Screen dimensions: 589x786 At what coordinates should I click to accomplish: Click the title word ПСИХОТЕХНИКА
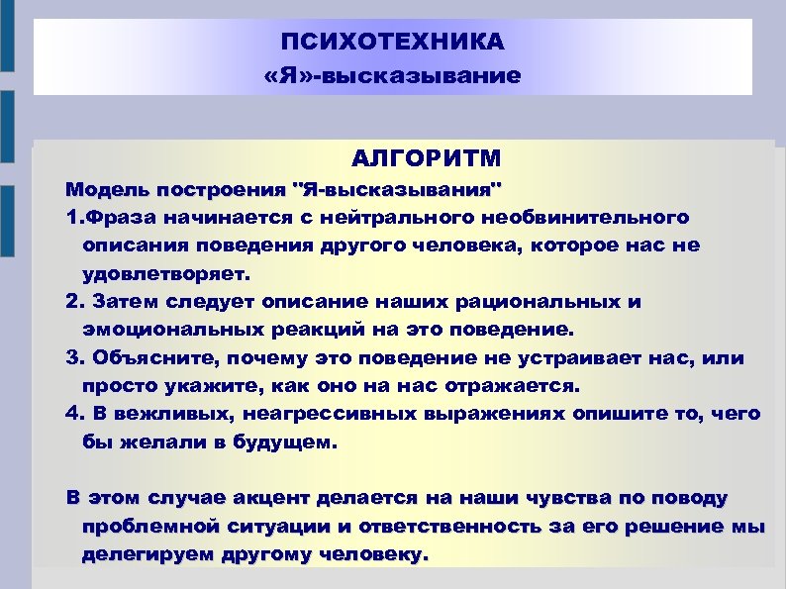392,43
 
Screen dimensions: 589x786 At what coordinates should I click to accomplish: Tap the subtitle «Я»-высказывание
392,75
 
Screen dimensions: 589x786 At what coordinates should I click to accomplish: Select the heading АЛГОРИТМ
427,158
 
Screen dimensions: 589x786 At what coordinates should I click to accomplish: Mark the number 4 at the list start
70,414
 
